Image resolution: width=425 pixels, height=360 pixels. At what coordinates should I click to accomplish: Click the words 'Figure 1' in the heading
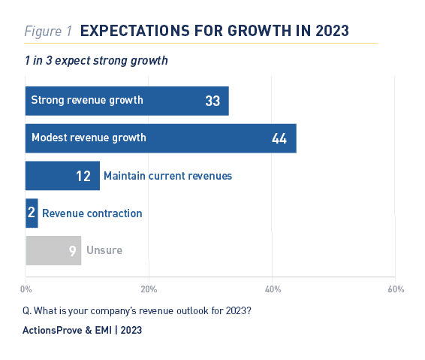[48, 32]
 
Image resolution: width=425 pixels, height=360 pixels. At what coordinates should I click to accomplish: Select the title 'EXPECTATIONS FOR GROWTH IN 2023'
[215, 31]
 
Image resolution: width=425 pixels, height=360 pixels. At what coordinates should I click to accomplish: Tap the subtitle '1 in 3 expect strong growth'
[96, 61]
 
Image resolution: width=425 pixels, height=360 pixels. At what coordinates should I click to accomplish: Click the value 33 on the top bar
[212, 101]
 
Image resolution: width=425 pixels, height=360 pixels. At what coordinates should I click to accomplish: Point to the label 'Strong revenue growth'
[87, 100]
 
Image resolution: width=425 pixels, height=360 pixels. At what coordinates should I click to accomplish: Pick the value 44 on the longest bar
[279, 138]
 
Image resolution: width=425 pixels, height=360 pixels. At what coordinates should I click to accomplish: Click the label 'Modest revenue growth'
[89, 138]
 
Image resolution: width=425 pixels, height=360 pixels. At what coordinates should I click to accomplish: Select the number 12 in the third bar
[83, 176]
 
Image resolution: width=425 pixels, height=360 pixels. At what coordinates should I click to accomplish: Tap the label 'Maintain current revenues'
[167, 176]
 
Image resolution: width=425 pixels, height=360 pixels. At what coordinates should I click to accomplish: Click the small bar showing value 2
[32, 213]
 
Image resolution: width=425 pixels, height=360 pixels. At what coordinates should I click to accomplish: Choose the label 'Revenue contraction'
[92, 213]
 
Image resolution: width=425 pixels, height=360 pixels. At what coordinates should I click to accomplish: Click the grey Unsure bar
[53, 250]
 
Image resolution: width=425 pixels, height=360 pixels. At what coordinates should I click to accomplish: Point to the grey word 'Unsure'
[104, 250]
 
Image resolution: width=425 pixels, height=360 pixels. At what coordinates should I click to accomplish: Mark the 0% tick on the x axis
[26, 289]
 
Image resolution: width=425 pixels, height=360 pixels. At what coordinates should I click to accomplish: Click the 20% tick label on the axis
[149, 289]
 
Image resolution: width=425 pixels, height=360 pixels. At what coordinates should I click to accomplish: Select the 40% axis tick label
[273, 289]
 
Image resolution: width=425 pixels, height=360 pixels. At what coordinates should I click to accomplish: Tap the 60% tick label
[396, 289]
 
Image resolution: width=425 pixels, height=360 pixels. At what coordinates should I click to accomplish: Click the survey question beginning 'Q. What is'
[137, 310]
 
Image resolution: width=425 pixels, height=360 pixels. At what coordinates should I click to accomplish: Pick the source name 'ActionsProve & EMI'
[68, 330]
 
